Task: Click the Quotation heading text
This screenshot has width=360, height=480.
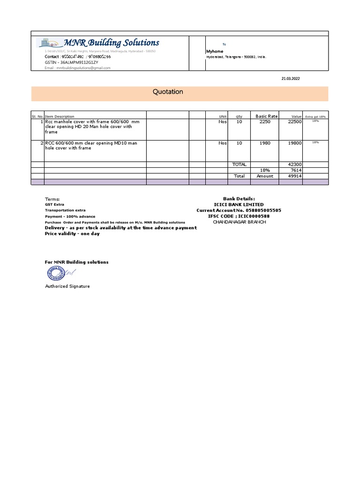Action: pyautogui.click(x=168, y=92)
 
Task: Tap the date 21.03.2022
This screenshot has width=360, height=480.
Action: pyautogui.click(x=290, y=79)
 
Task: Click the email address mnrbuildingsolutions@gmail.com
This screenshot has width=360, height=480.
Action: pyautogui.click(x=77, y=68)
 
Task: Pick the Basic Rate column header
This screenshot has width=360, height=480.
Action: pyautogui.click(x=266, y=116)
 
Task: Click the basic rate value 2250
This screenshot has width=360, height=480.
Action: pyautogui.click(x=265, y=122)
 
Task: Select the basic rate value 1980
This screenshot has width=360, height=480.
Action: pyautogui.click(x=265, y=143)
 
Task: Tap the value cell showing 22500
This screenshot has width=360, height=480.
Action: pyautogui.click(x=294, y=122)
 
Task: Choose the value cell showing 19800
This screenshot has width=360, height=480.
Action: pyautogui.click(x=294, y=143)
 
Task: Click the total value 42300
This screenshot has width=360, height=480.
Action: pyautogui.click(x=294, y=165)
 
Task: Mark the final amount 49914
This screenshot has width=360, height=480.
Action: pyautogui.click(x=294, y=176)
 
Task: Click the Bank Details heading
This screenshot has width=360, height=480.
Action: pyautogui.click(x=240, y=199)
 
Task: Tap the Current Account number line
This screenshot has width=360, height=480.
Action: pyautogui.click(x=239, y=210)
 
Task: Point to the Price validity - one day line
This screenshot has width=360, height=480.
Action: pyautogui.click(x=72, y=233)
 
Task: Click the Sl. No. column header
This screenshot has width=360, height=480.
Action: pyautogui.click(x=37, y=116)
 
